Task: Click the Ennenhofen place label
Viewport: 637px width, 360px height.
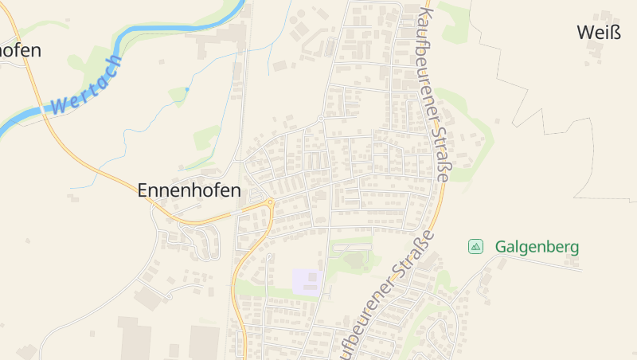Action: coord(189,190)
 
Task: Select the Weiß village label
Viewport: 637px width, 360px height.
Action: coord(597,32)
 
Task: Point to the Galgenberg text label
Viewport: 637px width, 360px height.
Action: coord(537,247)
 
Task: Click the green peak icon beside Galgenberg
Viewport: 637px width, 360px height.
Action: coord(475,247)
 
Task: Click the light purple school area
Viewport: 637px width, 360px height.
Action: coord(307,282)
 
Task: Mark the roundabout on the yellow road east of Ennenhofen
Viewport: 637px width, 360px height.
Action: coord(271,202)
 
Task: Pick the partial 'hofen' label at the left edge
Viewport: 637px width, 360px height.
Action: coord(20,49)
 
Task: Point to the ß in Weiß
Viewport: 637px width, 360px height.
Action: coord(614,32)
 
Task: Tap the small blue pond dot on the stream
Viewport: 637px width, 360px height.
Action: coord(187,88)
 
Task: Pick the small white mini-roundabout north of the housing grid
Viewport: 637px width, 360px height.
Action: coord(320,119)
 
